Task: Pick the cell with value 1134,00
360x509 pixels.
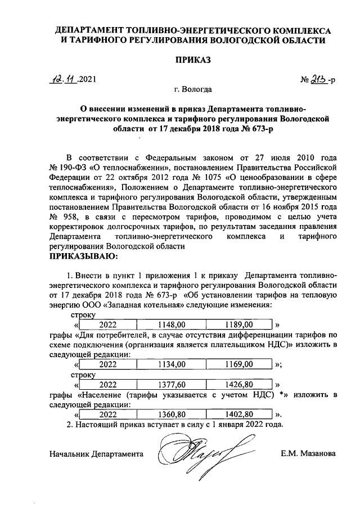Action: coord(172,364)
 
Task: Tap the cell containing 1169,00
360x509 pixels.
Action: coord(239,364)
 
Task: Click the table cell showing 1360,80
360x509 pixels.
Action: coord(172,414)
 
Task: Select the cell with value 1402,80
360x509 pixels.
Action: coord(239,414)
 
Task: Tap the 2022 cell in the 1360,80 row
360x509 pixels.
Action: coord(107,414)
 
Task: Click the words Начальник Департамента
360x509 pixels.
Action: coord(96,453)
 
